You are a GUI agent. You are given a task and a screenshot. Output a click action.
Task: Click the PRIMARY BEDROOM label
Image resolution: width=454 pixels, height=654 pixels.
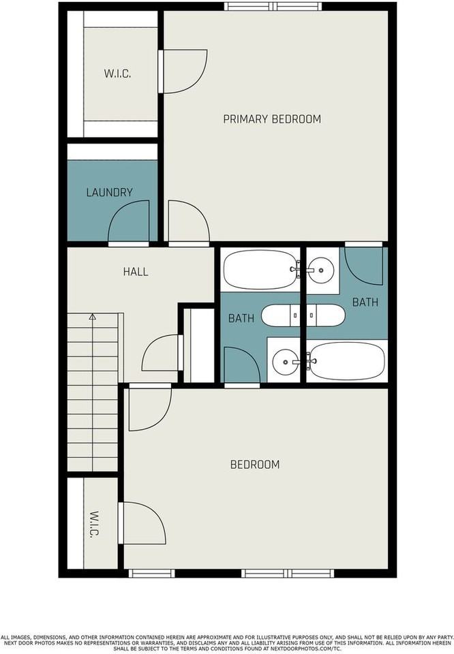[272, 119]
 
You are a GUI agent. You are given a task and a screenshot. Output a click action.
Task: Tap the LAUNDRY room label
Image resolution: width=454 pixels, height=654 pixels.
[109, 192]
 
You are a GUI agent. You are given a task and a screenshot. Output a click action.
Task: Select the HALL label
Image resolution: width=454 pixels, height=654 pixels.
[136, 272]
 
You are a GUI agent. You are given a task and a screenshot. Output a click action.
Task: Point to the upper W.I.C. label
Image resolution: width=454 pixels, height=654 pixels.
[117, 74]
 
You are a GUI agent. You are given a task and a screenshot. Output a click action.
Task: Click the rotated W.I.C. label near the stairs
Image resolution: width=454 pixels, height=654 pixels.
[94, 525]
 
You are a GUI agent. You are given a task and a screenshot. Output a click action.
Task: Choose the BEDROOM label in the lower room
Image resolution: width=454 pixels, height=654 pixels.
[255, 464]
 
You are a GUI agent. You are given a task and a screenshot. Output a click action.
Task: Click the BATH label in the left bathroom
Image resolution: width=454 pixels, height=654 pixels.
[241, 318]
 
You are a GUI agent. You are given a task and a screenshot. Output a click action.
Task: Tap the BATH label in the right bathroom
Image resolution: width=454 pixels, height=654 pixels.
[365, 302]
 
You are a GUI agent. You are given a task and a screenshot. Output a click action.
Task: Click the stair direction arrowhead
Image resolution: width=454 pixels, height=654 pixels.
[93, 317]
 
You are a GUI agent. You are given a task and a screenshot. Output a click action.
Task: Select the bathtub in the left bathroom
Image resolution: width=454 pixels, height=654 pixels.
[260, 270]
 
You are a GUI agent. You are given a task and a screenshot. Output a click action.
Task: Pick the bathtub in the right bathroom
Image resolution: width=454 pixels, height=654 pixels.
[346, 361]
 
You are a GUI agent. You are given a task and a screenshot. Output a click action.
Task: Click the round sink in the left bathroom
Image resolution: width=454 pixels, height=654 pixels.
[283, 362]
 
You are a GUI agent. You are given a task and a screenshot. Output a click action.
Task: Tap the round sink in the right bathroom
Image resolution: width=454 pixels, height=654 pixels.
[321, 270]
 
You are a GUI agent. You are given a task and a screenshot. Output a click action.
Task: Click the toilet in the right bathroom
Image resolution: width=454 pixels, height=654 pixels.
[326, 315]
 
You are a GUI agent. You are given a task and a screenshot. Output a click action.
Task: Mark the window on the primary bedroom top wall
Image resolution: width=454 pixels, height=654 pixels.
[273, 6]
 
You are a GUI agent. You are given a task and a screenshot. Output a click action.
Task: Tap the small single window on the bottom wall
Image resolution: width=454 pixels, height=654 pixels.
[151, 574]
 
